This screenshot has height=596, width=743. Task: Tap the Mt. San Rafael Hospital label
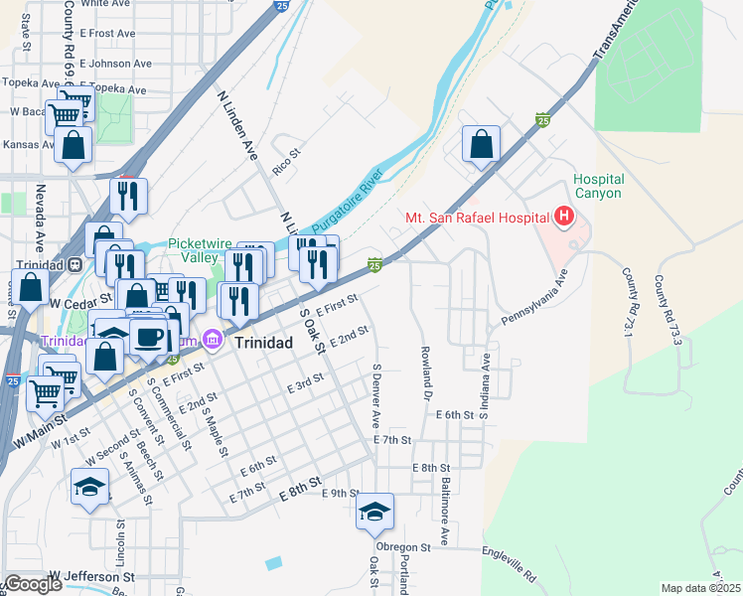(477, 218)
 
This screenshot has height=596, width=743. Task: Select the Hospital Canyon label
(598, 187)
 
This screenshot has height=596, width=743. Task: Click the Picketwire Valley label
(193, 250)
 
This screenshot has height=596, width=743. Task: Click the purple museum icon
(212, 341)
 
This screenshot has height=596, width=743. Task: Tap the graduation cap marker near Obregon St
(375, 511)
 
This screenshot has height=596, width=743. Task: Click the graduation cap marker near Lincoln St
(89, 487)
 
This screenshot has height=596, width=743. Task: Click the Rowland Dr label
(424, 367)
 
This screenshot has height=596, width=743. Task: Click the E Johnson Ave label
(120, 63)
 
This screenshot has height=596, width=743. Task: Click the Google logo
(33, 584)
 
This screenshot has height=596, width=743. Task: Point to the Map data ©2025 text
(699, 588)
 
